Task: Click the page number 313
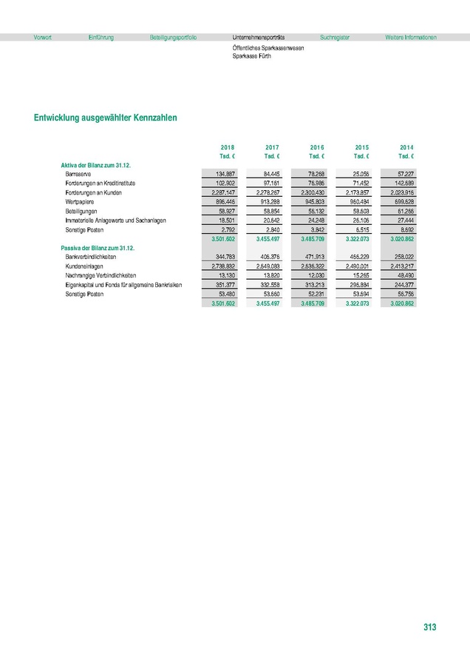click(x=430, y=627)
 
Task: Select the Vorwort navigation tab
click(x=43, y=37)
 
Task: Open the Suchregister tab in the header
click(x=335, y=37)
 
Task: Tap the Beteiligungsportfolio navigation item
click(x=173, y=37)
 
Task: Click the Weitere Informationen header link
click(x=411, y=37)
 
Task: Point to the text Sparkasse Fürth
click(x=251, y=56)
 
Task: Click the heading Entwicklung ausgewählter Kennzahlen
click(x=105, y=118)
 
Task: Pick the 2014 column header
click(x=406, y=147)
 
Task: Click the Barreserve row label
click(x=78, y=173)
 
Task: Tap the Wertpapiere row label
click(x=80, y=201)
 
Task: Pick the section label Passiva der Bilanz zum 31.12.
click(x=101, y=247)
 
